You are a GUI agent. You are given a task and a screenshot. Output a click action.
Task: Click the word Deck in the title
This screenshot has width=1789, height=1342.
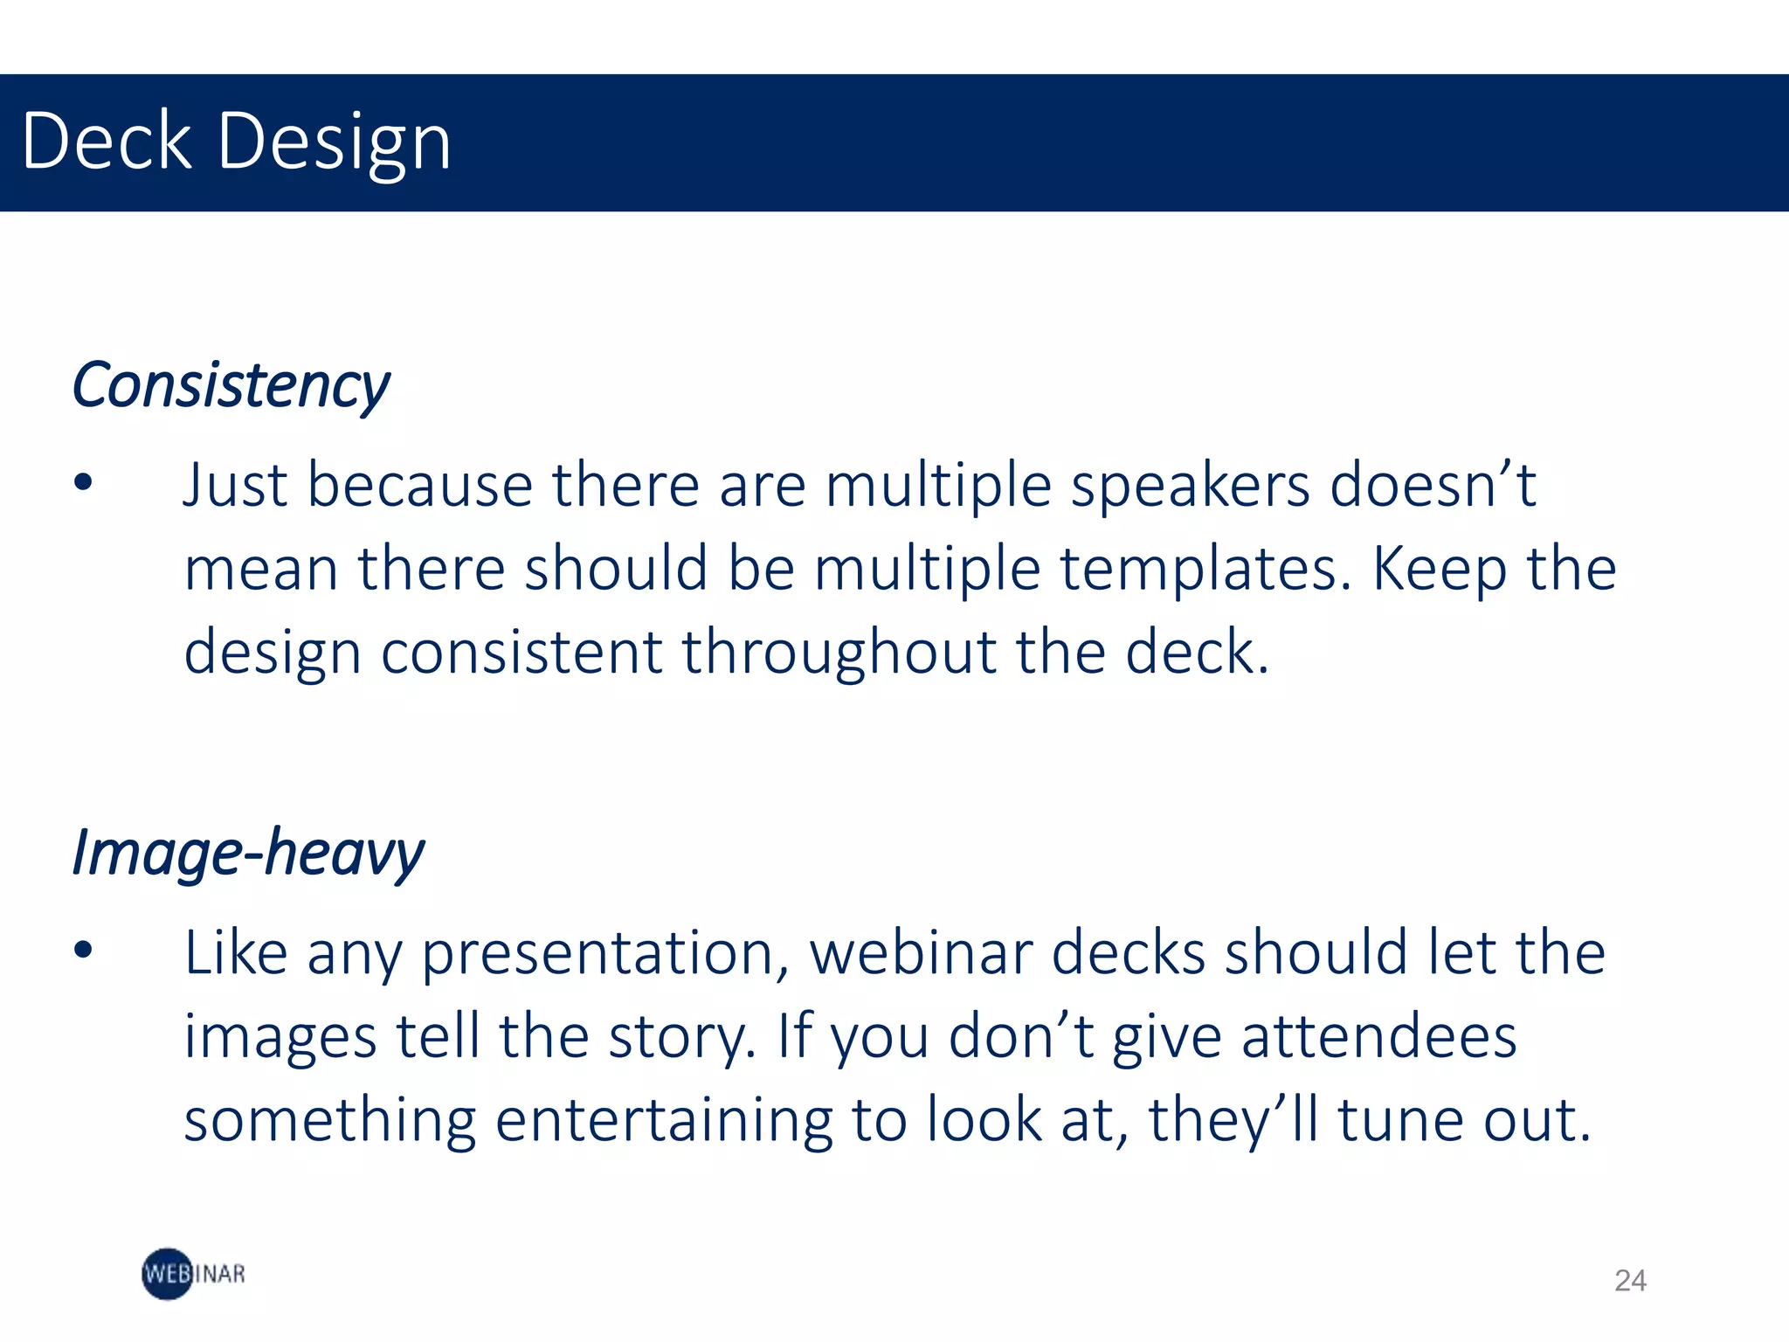coord(106,141)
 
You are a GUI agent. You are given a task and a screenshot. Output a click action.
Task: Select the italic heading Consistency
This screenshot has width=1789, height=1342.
coord(231,386)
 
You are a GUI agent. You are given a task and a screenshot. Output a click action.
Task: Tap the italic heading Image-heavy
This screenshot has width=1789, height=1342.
coord(248,854)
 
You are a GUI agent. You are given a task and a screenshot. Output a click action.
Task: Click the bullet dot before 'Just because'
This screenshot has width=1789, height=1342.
coord(83,482)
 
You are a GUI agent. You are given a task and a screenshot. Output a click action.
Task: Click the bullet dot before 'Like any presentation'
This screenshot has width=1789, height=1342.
coord(83,950)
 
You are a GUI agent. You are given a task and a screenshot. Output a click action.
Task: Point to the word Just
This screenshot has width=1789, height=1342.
coord(234,485)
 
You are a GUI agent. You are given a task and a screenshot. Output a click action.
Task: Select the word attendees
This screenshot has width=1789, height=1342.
coord(1379,1036)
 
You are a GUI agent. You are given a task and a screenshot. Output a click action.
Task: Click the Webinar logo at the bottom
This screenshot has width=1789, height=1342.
coord(193,1274)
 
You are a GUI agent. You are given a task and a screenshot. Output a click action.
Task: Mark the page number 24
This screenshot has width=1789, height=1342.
coord(1630,1281)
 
